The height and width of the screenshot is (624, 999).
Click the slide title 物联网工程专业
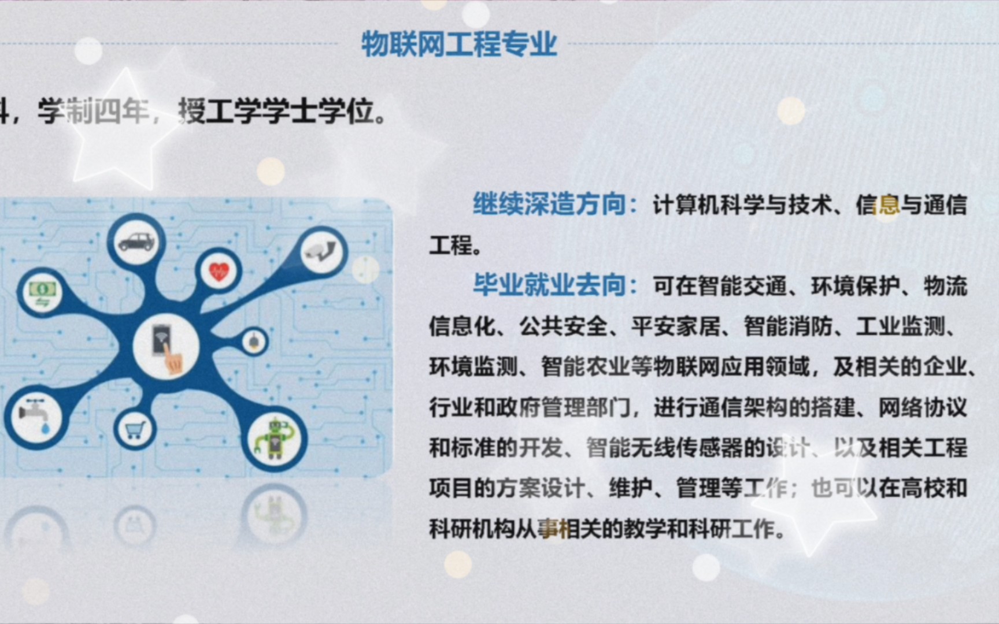coord(459,44)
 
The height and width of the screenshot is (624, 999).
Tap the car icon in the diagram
coord(136,241)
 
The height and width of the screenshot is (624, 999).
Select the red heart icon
coord(219,271)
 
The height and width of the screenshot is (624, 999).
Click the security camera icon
coord(321,251)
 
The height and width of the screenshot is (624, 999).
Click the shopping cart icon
coord(135,430)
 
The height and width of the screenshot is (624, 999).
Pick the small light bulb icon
coord(254,341)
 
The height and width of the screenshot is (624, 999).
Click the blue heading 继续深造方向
coord(549,205)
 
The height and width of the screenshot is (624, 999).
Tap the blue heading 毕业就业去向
coord(549,285)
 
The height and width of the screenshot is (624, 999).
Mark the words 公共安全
coord(564,326)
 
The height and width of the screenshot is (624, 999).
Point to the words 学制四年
coord(92,112)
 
